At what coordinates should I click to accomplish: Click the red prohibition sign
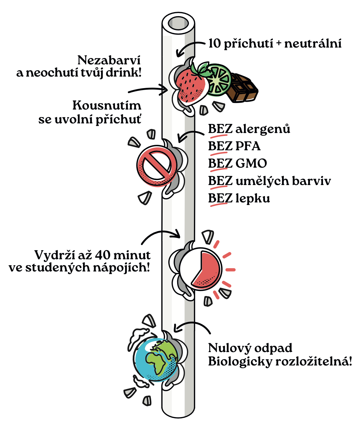tap(156, 166)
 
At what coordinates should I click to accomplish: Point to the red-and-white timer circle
tap(201, 269)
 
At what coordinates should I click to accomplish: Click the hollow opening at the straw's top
tap(178, 23)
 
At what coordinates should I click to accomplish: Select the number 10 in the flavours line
tap(214, 43)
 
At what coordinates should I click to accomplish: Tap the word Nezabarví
tap(109, 60)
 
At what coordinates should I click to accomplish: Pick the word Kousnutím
tap(107, 106)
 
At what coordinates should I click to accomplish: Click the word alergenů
tap(263, 129)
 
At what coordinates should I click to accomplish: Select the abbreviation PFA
tap(248, 146)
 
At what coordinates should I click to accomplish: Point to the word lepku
tap(253, 198)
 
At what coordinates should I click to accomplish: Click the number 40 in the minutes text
tap(103, 255)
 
